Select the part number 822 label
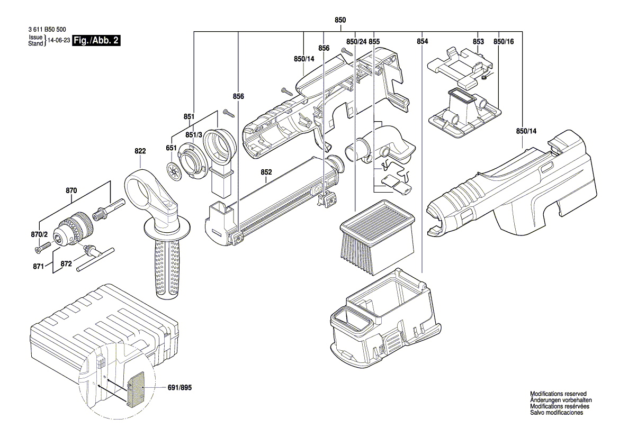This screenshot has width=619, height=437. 139,151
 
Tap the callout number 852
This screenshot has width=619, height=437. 266,172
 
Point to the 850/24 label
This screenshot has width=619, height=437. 356,41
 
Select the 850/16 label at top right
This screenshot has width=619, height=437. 504,41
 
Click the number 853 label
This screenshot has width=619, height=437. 478,41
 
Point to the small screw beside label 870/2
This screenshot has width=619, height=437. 41,246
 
